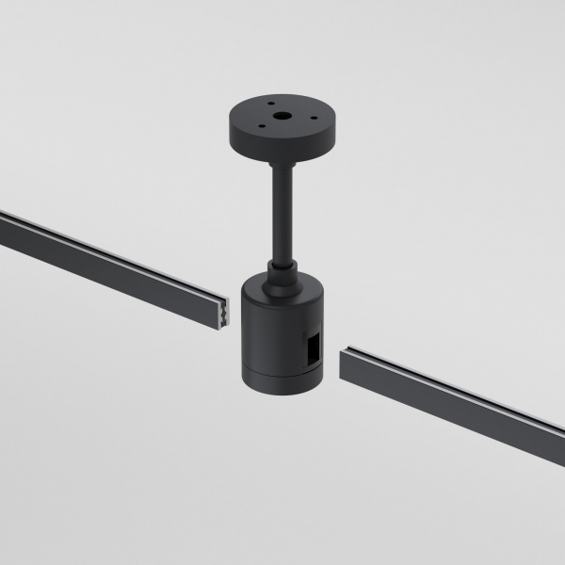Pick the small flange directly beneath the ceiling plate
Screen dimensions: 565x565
point(282,162)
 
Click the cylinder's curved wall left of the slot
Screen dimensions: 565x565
point(264,339)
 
